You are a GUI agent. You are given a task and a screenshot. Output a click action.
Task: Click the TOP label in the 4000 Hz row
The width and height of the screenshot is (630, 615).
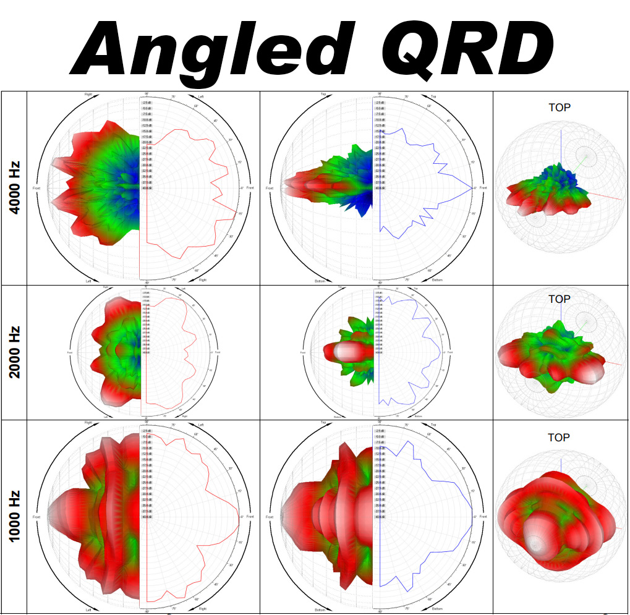point(560,107)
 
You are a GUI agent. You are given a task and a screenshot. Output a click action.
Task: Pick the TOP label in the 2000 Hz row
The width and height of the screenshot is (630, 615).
point(560,299)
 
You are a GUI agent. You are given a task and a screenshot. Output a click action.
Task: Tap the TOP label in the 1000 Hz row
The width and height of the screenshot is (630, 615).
point(560,438)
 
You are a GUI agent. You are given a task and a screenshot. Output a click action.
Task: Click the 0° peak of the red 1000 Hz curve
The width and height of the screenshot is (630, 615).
point(240,515)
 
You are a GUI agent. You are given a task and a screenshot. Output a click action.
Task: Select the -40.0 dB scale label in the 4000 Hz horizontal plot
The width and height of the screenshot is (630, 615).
point(147,189)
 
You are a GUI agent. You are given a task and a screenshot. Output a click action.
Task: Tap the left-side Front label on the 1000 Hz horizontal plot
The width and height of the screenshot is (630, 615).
point(36,516)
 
